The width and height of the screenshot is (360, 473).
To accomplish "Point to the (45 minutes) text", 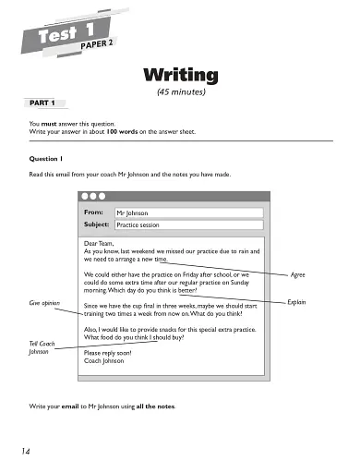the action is click(180, 92).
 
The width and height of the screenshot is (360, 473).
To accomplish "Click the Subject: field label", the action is click(96, 224).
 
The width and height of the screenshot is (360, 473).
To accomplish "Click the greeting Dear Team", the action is click(100, 244).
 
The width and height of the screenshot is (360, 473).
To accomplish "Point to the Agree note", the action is click(297, 275).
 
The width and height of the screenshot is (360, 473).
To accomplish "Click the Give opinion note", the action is click(44, 302).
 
